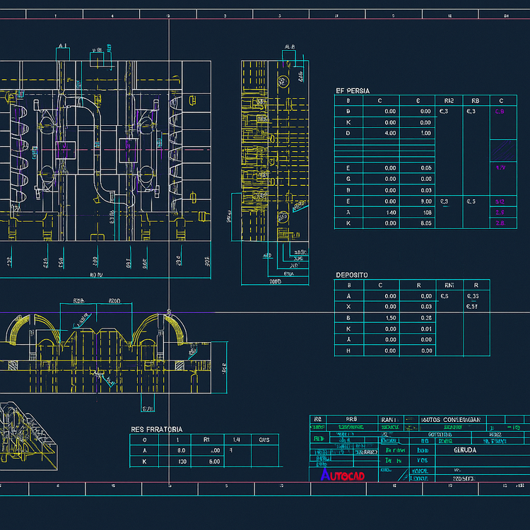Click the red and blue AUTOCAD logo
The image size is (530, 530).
tap(343, 475)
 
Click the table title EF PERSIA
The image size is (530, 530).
tap(352, 91)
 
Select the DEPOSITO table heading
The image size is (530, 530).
tap(351, 275)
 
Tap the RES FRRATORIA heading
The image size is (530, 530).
tap(156, 429)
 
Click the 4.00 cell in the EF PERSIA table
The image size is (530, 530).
tap(389, 133)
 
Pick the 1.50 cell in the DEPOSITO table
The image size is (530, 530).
tap(389, 318)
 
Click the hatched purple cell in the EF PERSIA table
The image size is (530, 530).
tap(502, 149)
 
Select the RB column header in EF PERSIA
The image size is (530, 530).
tap(475, 100)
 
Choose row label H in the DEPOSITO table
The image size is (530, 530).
tap(348, 351)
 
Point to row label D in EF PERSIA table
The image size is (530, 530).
tap(348, 133)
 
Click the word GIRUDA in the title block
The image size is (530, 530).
tap(446, 449)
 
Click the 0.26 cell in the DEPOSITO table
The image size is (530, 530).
tap(425, 318)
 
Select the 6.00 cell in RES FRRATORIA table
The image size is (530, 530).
tap(215, 461)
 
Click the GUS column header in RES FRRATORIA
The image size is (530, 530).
tap(264, 440)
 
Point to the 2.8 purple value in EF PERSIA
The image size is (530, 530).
tap(501, 223)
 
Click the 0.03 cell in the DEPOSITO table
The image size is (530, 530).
tap(425, 307)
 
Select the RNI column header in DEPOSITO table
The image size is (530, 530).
tap(447, 285)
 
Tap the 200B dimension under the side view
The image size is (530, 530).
tap(275, 281)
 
